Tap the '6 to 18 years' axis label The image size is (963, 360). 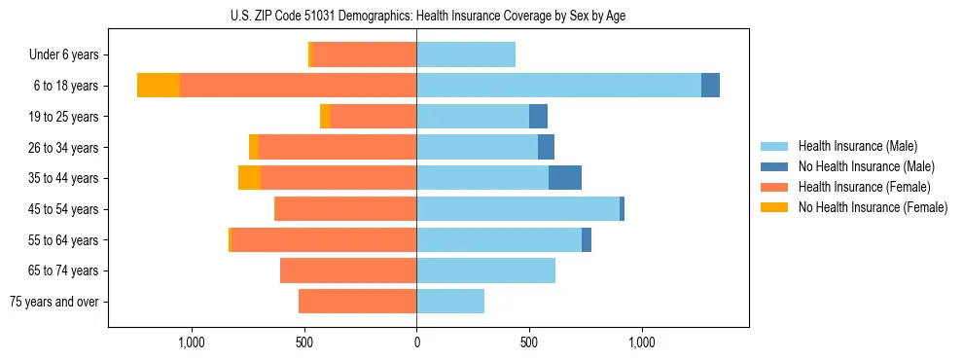65,86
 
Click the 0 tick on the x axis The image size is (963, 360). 416,342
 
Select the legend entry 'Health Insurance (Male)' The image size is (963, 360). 857,146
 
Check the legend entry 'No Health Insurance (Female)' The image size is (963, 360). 872,207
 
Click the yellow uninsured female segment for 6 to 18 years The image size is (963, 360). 159,86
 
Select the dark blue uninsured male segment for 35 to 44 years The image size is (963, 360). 565,178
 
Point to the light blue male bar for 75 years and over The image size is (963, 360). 450,302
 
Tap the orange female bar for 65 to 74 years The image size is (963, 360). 348,270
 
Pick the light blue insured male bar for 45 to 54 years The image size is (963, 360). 517,209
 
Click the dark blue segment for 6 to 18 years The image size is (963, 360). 710,86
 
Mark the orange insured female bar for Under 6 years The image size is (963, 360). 364,54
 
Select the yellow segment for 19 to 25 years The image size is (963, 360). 325,117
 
